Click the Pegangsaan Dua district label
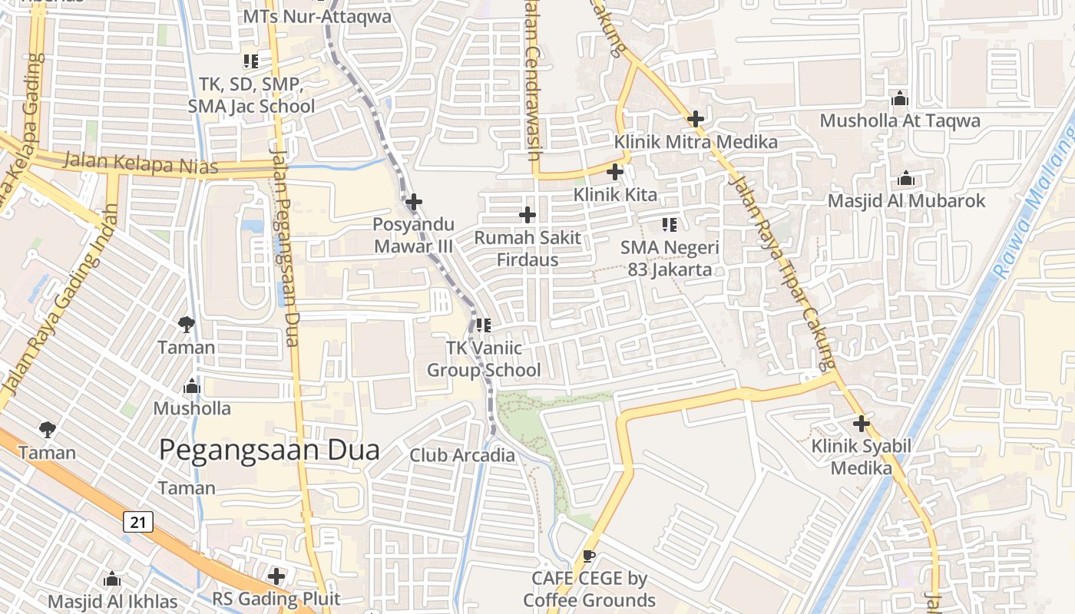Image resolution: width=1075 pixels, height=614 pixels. click(x=269, y=450)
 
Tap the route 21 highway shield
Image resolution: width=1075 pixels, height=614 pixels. click(x=138, y=523)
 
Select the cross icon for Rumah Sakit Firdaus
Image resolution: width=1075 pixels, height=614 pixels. click(x=528, y=215)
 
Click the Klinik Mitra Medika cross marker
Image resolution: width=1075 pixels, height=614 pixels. click(x=696, y=119)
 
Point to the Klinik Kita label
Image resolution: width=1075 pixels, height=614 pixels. click(x=615, y=195)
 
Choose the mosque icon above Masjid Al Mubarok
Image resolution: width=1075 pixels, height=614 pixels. click(x=906, y=180)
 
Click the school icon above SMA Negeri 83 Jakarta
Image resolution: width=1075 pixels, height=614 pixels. click(x=669, y=225)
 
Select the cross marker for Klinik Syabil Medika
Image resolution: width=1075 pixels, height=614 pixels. click(x=862, y=424)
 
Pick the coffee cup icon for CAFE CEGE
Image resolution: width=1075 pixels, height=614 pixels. click(x=589, y=556)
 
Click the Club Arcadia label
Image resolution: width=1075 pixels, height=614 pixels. click(x=462, y=455)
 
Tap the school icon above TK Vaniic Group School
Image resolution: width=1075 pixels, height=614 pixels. click(x=484, y=325)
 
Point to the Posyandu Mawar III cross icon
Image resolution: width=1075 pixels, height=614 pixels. click(x=414, y=203)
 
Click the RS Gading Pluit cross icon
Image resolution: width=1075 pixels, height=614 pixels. click(x=276, y=576)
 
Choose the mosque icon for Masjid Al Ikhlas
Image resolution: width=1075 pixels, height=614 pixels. click(x=112, y=579)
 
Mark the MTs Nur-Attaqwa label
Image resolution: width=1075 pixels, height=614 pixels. click(x=316, y=16)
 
